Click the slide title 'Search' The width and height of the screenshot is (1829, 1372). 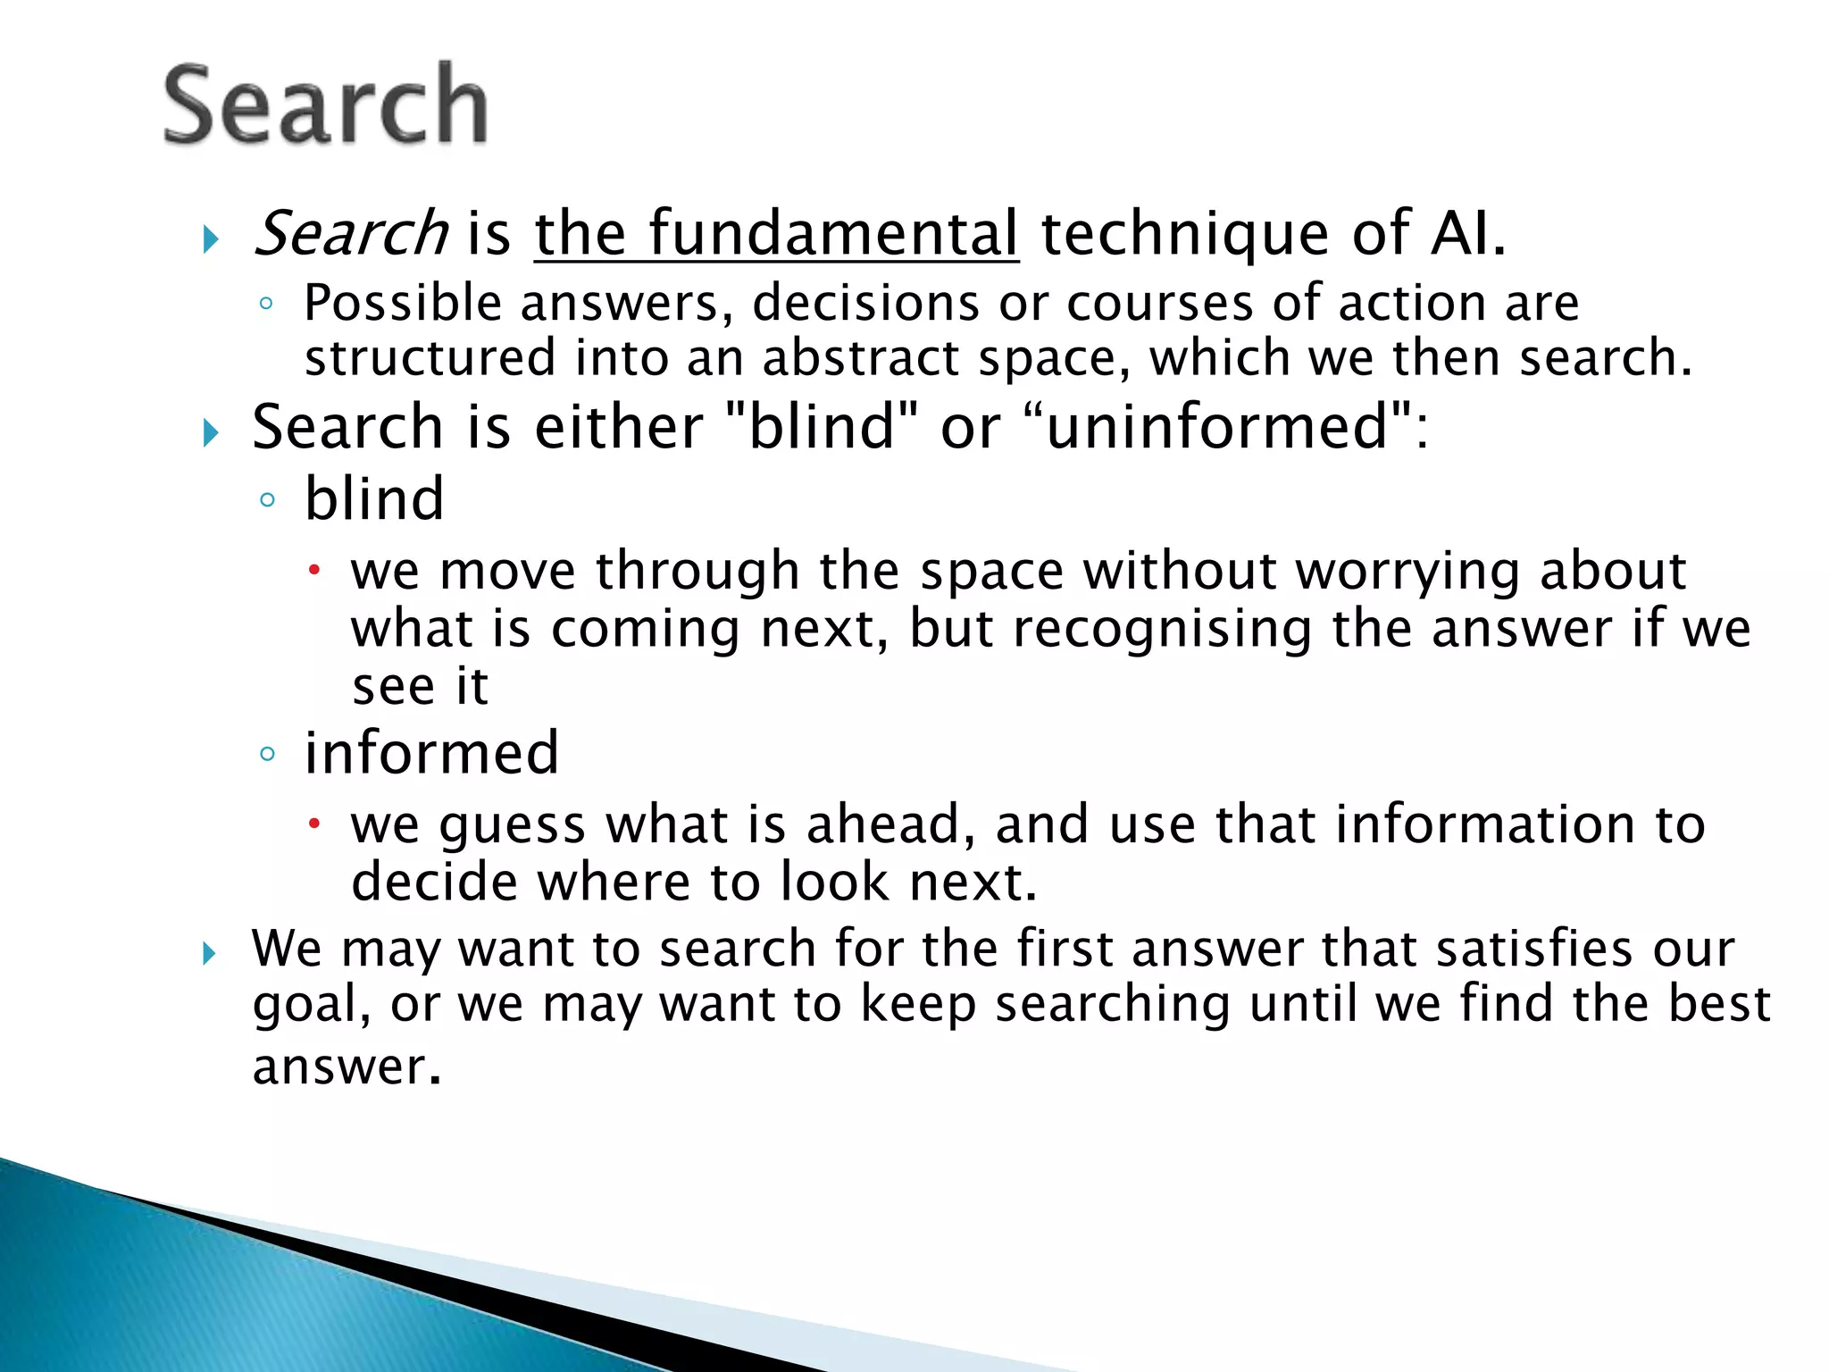click(x=325, y=105)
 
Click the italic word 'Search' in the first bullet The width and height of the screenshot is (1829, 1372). click(x=350, y=234)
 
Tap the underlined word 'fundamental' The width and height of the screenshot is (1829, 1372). click(x=832, y=234)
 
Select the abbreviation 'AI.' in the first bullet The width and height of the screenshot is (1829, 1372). click(x=1468, y=234)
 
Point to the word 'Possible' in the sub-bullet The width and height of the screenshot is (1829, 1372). click(x=404, y=304)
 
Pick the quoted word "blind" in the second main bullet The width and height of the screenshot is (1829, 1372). click(x=821, y=427)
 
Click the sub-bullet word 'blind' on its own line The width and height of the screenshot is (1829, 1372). click(x=374, y=498)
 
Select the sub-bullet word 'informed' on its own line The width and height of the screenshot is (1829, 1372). click(x=432, y=753)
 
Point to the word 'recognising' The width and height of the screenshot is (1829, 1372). click(x=1162, y=629)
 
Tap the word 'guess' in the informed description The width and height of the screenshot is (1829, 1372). click(x=512, y=825)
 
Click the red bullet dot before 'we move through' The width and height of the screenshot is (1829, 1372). click(x=314, y=570)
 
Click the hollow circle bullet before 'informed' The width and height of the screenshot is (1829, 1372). click(x=267, y=754)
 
